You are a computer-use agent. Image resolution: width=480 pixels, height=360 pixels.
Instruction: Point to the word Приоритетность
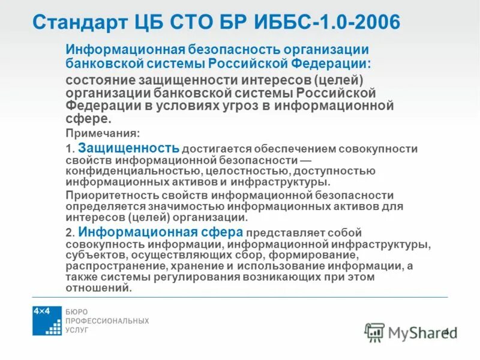pyautogui.click(x=107, y=196)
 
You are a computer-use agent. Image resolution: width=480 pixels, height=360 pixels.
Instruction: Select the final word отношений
pyautogui.click(x=98, y=288)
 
